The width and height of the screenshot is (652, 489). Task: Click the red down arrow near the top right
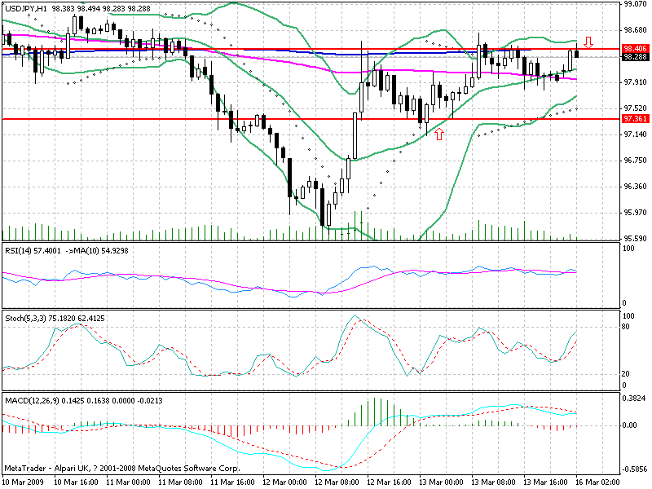click(588, 41)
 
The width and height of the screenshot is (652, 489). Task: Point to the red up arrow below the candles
click(440, 133)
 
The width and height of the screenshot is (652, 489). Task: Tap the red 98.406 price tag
click(634, 49)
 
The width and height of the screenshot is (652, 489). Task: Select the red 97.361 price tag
click(634, 119)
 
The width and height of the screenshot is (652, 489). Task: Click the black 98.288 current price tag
click(634, 57)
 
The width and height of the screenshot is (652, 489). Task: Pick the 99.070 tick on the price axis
click(635, 4)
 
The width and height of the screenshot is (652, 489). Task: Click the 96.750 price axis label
click(635, 161)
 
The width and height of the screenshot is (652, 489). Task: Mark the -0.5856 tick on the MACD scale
click(635, 469)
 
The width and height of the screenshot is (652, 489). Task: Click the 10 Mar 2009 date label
click(24, 482)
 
